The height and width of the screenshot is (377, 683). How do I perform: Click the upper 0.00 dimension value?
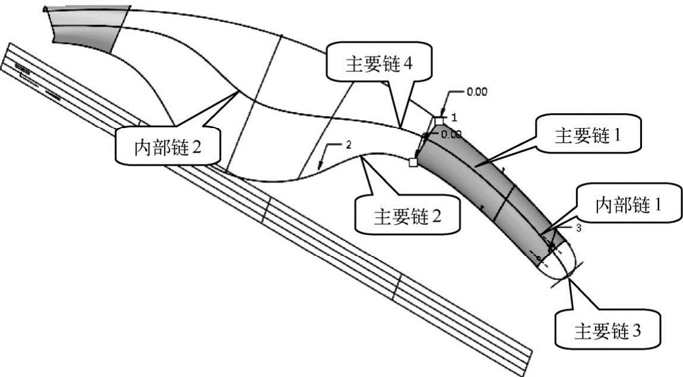click(x=476, y=92)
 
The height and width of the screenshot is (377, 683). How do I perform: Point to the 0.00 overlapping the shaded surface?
click(x=451, y=135)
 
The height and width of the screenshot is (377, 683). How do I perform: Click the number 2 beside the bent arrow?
click(x=349, y=145)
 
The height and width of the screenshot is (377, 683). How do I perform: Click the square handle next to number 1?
click(x=439, y=121)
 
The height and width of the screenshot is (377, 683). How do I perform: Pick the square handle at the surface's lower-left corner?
click(x=414, y=161)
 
